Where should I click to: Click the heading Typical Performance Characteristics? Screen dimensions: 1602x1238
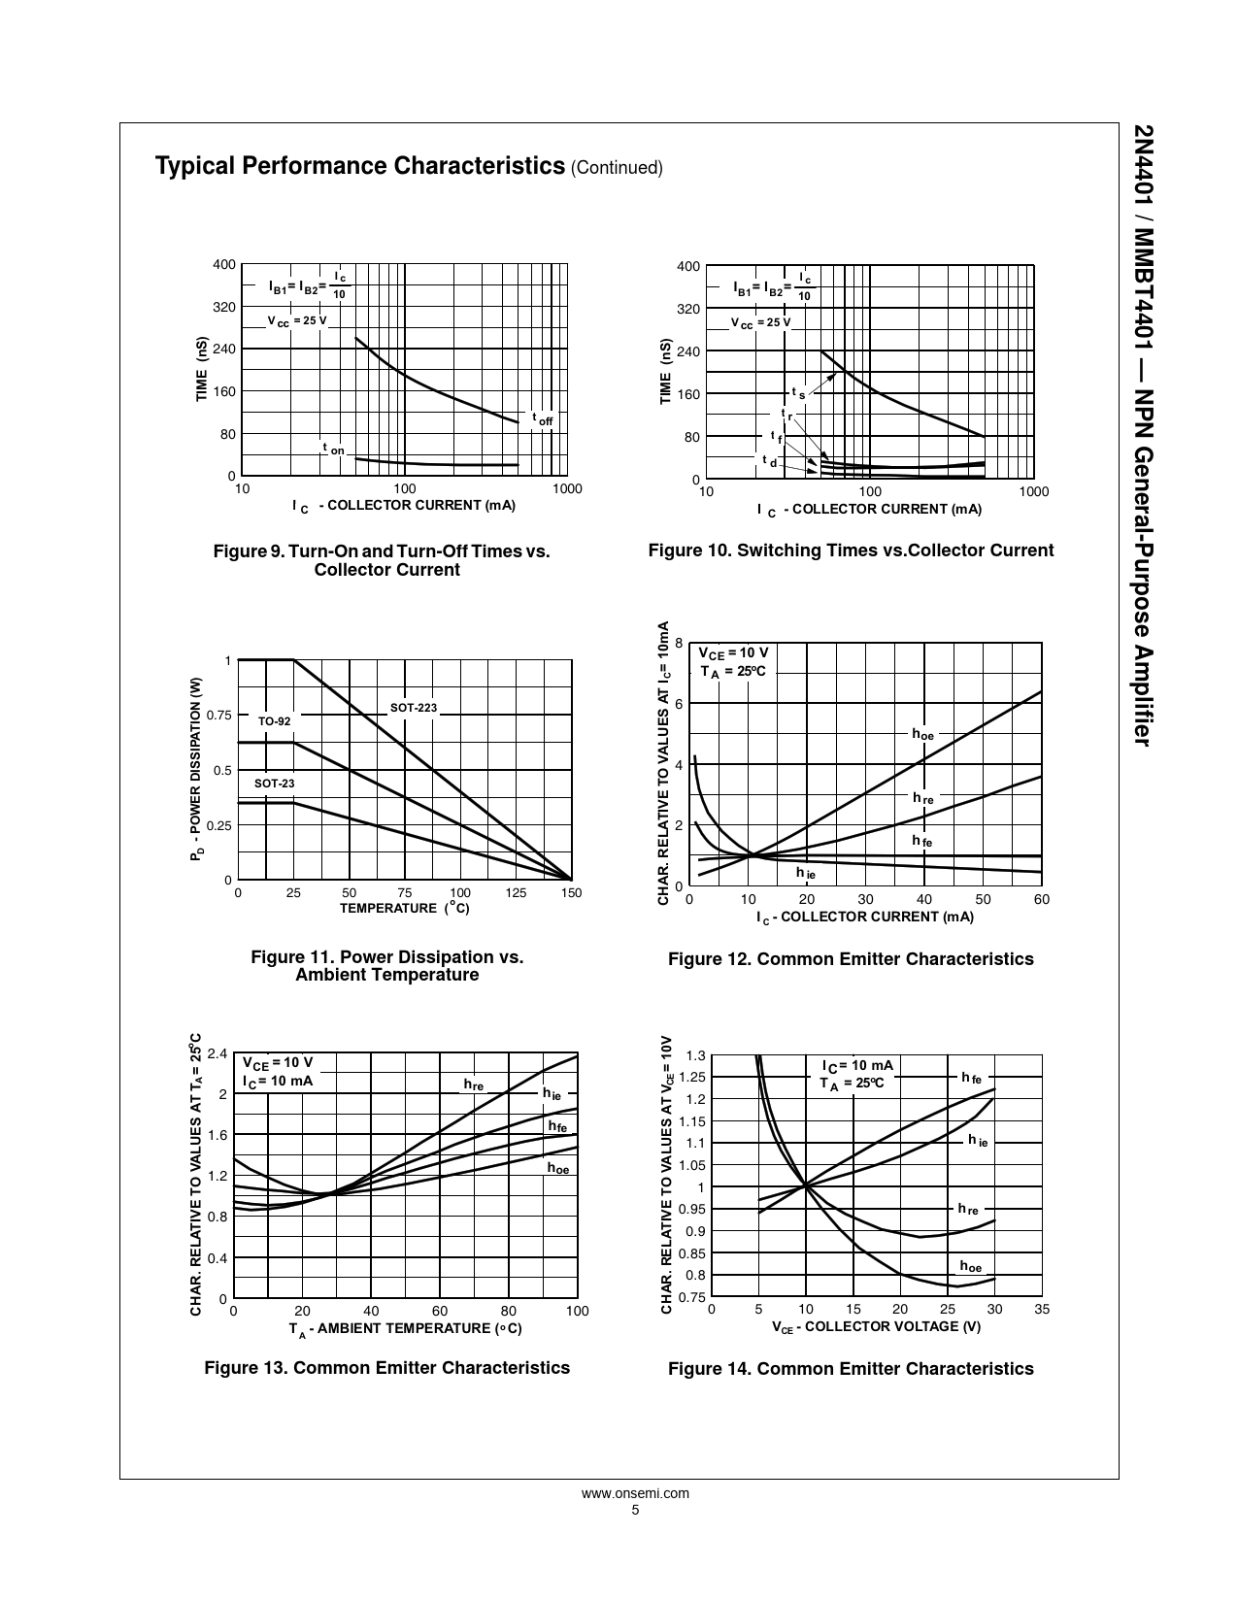(x=360, y=166)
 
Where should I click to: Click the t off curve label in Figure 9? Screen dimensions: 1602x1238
(x=542, y=418)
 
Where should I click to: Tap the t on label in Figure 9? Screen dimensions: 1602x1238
(x=333, y=449)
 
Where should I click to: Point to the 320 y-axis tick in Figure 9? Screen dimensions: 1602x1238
(x=224, y=307)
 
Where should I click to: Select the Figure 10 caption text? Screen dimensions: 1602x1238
(x=851, y=551)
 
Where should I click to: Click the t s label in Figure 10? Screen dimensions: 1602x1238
(x=798, y=393)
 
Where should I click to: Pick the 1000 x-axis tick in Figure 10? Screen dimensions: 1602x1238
(x=1035, y=492)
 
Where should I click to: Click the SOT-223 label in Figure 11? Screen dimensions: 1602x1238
(x=414, y=708)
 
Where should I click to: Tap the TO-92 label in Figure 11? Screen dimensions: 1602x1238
(x=274, y=721)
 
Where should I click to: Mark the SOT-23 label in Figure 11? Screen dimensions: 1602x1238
(x=274, y=784)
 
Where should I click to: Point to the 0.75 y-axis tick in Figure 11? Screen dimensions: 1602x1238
(x=220, y=716)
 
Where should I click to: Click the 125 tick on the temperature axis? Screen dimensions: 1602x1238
(x=516, y=893)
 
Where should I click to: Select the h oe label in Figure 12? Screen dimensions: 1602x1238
(x=922, y=734)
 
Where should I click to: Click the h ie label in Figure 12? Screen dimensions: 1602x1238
(x=806, y=873)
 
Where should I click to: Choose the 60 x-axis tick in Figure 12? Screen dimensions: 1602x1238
(x=1041, y=900)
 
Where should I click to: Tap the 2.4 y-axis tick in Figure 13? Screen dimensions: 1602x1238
(x=217, y=1053)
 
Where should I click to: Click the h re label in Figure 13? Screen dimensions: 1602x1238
(x=474, y=1084)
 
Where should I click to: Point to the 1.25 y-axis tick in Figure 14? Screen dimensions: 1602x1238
(x=692, y=1077)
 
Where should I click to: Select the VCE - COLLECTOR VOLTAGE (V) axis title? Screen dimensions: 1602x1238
(x=876, y=1327)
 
